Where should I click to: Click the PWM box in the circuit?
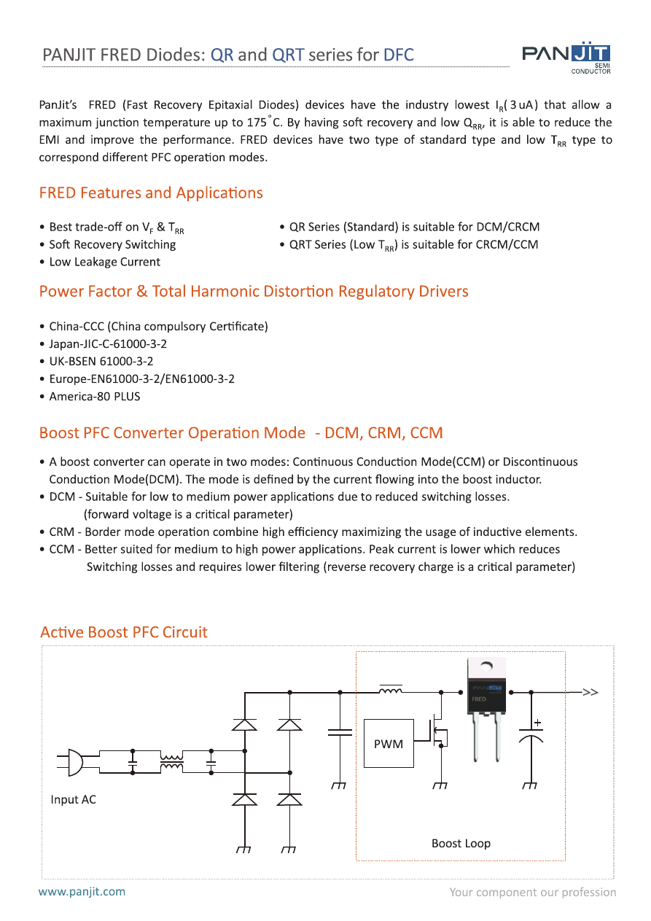click(x=389, y=743)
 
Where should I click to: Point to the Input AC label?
click(x=73, y=800)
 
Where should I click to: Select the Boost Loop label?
click(x=461, y=844)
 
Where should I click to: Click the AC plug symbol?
click(x=71, y=762)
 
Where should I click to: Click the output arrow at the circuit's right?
click(x=589, y=692)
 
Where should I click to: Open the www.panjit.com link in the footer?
click(x=82, y=891)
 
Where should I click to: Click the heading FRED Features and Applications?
click(x=151, y=193)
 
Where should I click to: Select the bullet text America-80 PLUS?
click(x=94, y=397)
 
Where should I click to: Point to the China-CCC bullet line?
click(x=157, y=327)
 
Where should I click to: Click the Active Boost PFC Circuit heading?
click(x=124, y=632)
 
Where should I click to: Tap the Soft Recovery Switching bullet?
click(x=112, y=245)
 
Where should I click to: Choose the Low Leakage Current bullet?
click(x=104, y=263)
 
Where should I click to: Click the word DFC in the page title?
click(x=398, y=55)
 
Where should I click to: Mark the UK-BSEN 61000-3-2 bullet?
click(x=101, y=362)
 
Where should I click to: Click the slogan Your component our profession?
click(x=532, y=892)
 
